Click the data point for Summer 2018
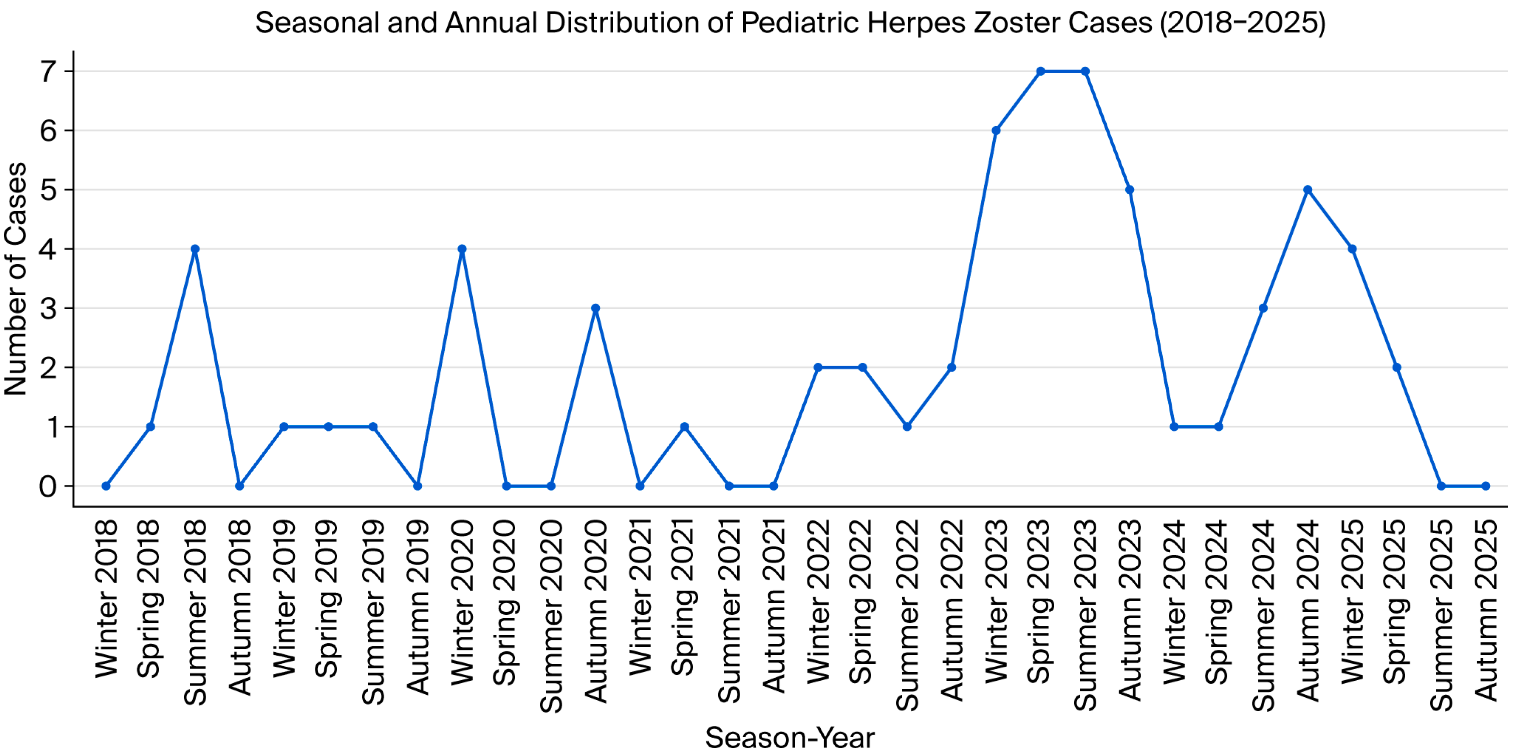195,249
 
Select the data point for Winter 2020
462,249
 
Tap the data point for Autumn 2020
595,308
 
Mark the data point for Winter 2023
996,130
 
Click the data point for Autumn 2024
1307,189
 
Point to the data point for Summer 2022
907,426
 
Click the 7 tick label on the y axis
48,72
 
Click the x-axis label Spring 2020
506,602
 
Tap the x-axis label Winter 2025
1352,602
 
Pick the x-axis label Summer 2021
729,611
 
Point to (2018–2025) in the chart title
1242,23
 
